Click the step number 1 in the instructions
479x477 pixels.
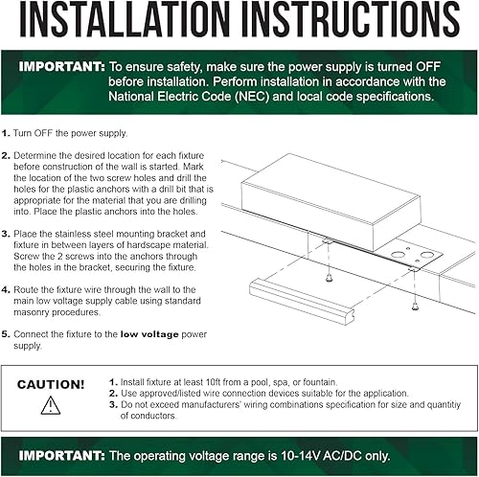[x=7, y=132]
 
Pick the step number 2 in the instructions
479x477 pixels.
[x=7, y=153]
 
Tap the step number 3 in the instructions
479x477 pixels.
[x=7, y=233]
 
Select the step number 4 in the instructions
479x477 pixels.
[x=7, y=287]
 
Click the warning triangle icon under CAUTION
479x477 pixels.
[x=51, y=404]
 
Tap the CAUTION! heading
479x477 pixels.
[x=51, y=384]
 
